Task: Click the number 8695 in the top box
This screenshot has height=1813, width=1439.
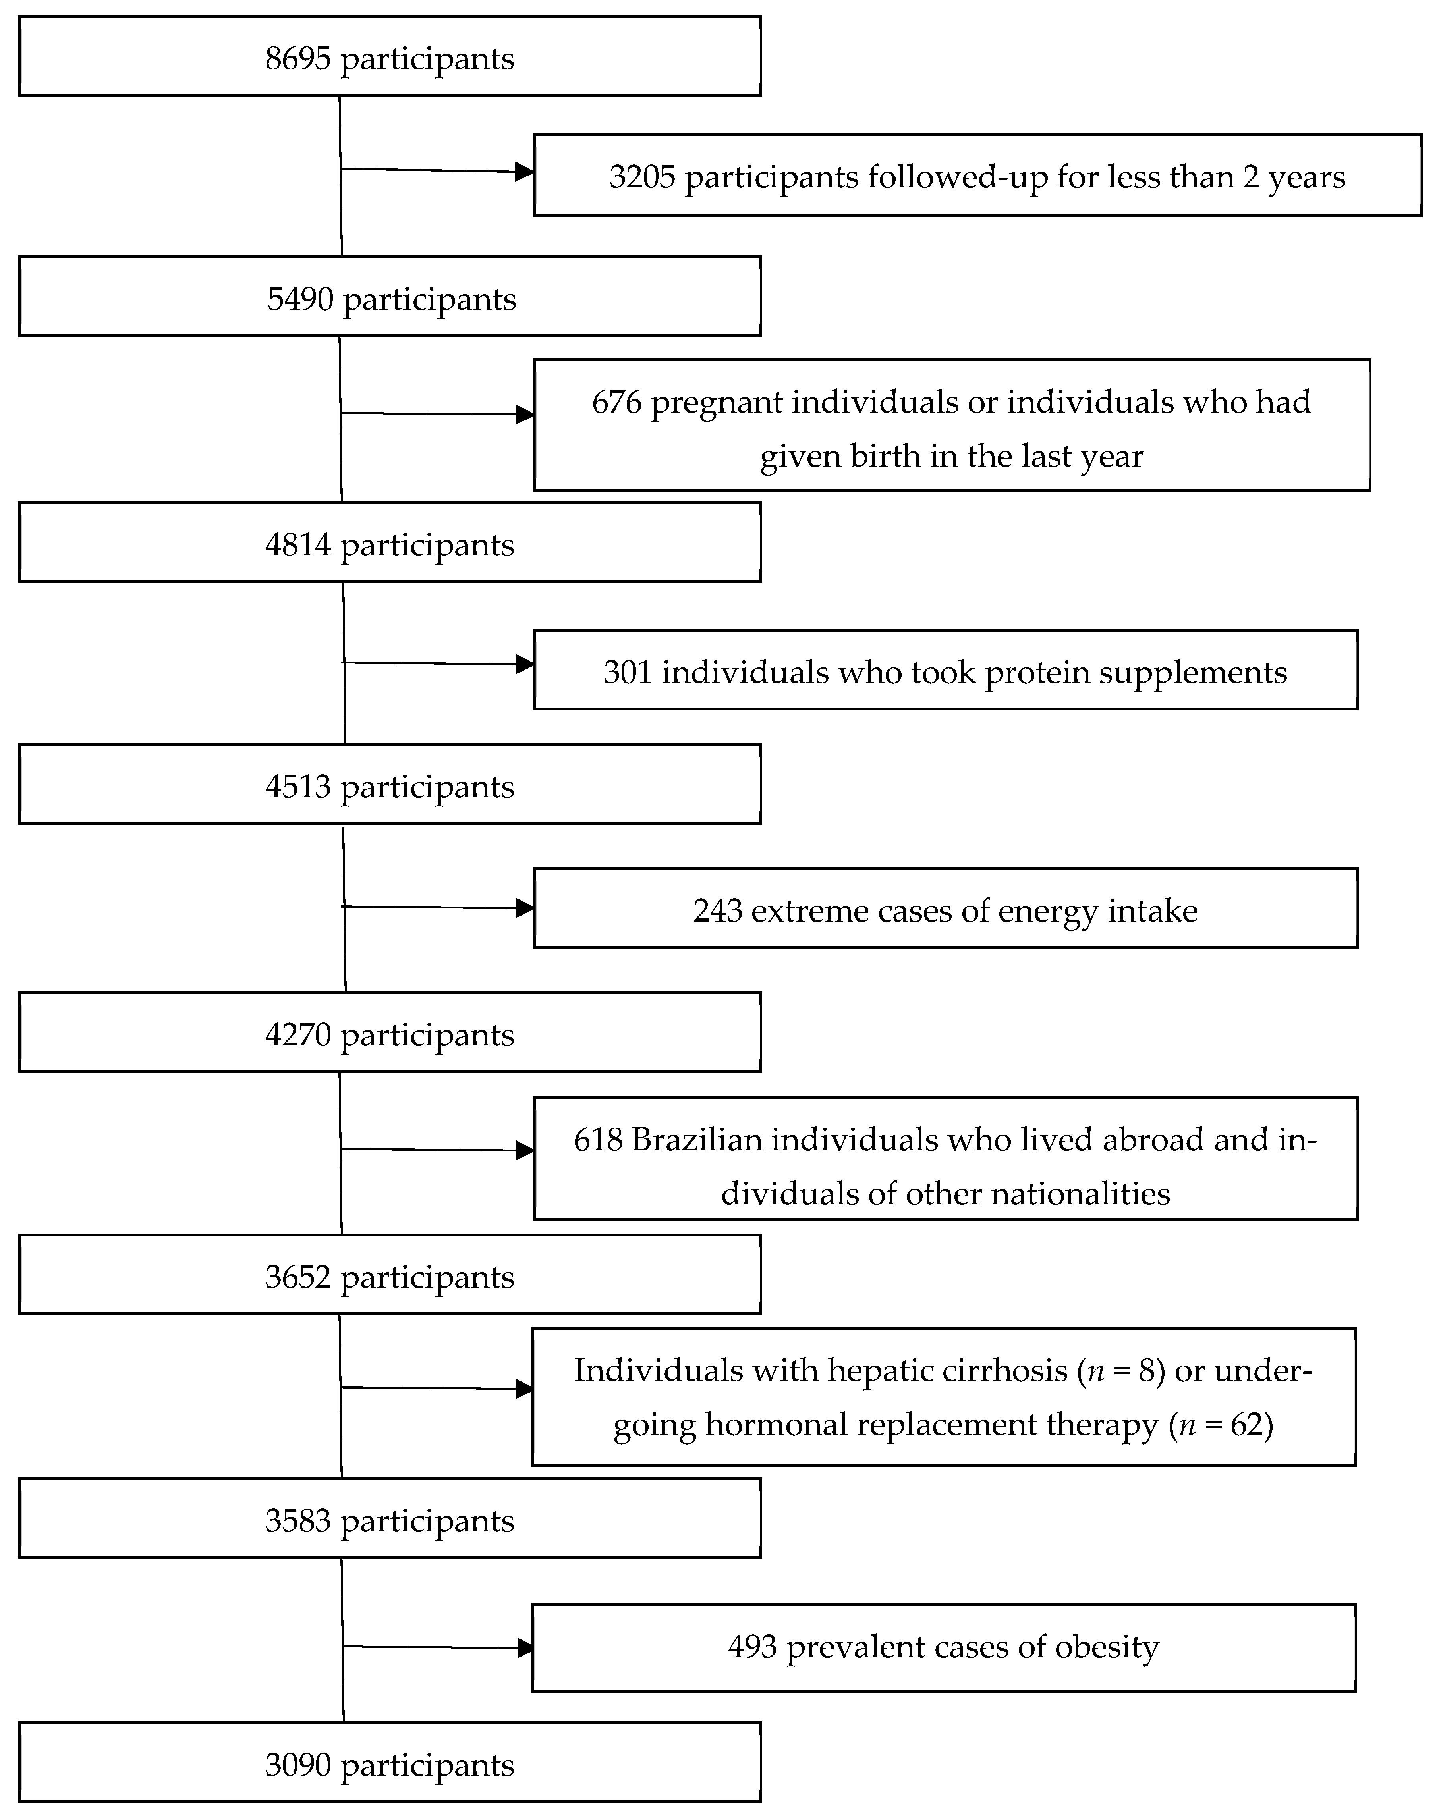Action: pos(298,59)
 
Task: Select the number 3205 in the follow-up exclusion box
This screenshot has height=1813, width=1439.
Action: pos(642,177)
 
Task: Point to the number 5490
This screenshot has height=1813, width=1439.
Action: pos(300,299)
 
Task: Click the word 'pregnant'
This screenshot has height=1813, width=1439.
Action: pos(717,403)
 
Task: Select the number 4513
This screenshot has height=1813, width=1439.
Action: pos(298,787)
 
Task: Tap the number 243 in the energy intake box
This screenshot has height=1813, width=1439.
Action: pos(717,911)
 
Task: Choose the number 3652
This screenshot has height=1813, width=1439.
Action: pos(298,1277)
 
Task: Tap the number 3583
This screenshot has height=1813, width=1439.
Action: pos(298,1521)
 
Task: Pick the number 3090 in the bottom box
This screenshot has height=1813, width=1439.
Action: pos(298,1765)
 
